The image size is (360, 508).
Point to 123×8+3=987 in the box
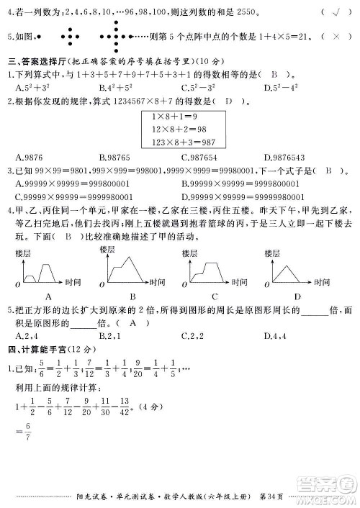click(x=178, y=142)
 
